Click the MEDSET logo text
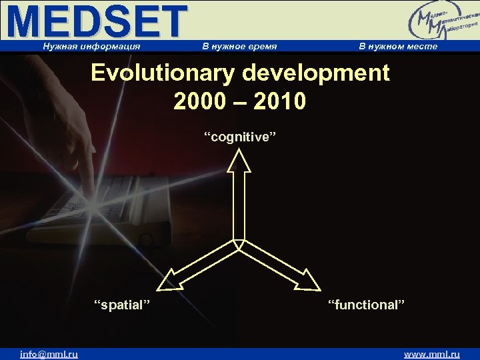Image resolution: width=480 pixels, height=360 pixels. [x=97, y=21]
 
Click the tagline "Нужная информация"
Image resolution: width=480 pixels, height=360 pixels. [x=91, y=47]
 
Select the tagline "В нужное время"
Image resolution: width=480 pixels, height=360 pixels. [x=239, y=47]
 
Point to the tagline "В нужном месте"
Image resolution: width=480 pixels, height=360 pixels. [x=398, y=47]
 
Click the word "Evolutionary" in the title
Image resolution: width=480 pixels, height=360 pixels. [x=163, y=73]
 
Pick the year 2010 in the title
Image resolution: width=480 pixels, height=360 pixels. [x=281, y=101]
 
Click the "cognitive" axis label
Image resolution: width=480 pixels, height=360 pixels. [x=239, y=137]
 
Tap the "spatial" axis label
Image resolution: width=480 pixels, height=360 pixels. [x=121, y=305]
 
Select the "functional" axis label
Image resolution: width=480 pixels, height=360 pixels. [x=366, y=305]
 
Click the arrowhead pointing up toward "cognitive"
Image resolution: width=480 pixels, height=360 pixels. [x=239, y=161]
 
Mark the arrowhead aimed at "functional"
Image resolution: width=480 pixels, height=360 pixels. [x=309, y=281]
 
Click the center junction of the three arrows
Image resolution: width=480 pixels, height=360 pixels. [x=239, y=243]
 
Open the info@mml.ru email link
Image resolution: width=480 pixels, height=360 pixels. [x=49, y=354]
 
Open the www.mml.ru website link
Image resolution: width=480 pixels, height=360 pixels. [x=432, y=354]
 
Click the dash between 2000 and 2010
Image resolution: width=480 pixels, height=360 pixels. [x=239, y=102]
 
